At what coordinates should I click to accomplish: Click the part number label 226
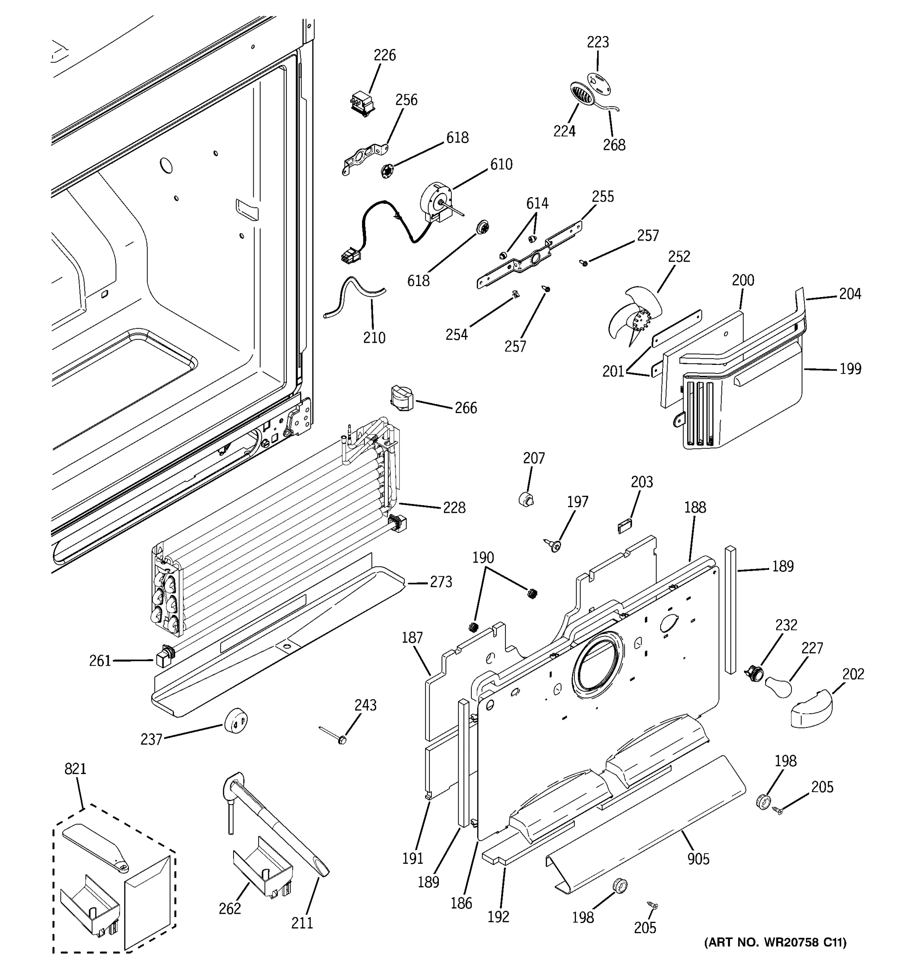click(x=384, y=55)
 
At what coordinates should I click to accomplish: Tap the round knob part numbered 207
click(x=526, y=499)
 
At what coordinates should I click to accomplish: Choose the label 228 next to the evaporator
click(x=454, y=508)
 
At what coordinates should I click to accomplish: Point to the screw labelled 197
click(x=553, y=546)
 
